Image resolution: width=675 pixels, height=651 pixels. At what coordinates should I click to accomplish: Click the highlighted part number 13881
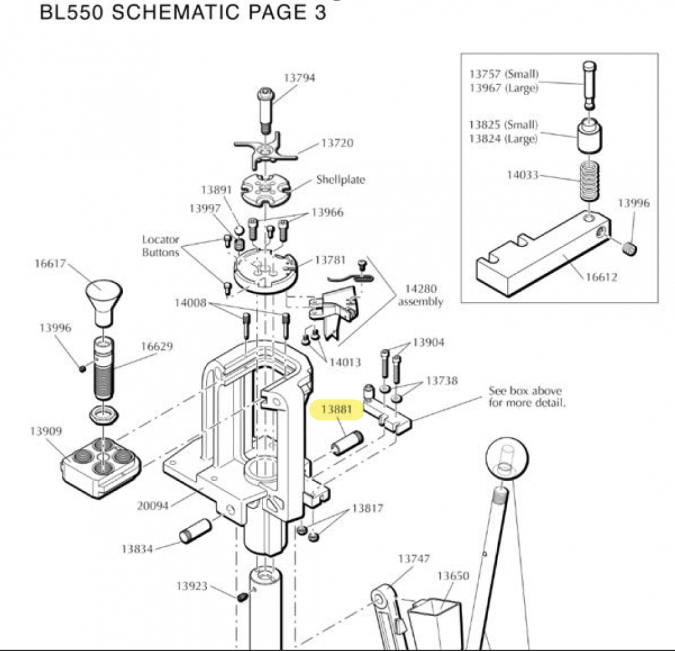click(336, 409)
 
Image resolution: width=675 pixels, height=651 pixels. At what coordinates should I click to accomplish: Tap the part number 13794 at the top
click(299, 78)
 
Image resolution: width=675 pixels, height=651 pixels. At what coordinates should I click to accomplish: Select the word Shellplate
click(341, 180)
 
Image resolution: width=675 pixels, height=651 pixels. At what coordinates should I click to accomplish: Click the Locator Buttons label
click(161, 246)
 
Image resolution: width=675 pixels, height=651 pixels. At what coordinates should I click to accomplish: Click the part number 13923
click(192, 586)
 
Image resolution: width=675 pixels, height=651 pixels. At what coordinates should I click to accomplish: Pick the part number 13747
click(413, 558)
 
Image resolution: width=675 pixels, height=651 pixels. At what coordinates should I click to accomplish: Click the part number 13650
click(452, 576)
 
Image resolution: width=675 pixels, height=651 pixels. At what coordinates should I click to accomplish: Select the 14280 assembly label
click(420, 296)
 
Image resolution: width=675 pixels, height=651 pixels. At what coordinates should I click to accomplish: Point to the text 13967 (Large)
click(504, 88)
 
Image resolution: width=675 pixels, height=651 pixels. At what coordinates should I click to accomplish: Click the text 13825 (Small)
click(504, 125)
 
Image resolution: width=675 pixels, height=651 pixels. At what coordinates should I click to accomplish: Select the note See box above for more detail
click(526, 397)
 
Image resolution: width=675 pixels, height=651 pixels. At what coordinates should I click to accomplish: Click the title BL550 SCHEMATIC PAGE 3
click(184, 13)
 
